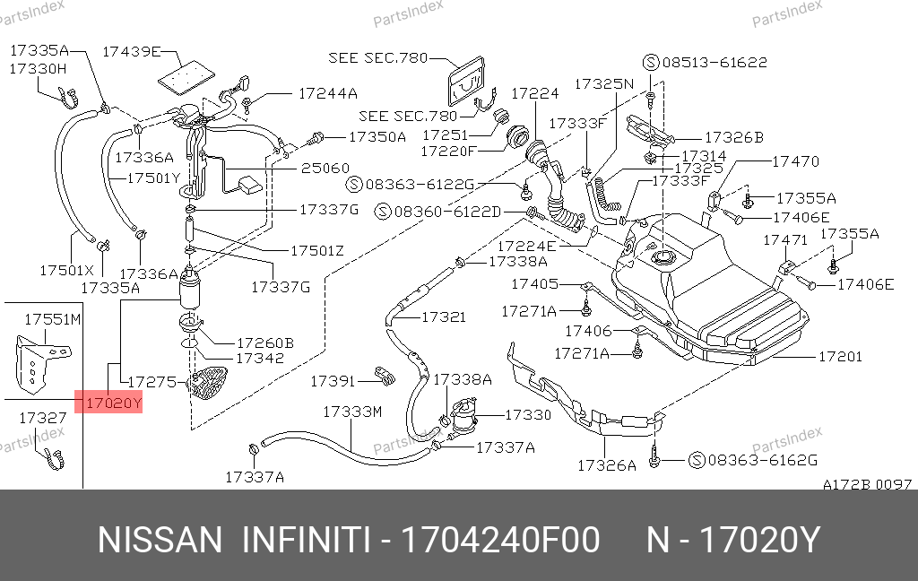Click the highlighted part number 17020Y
point(112,403)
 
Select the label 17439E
point(131,51)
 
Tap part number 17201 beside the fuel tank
point(840,356)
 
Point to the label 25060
point(325,168)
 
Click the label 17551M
point(52,319)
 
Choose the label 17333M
point(352,412)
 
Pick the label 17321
point(444,317)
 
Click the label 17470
point(796,161)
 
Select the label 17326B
point(733,137)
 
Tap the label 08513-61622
point(714,63)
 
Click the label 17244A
point(327,92)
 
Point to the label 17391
point(333,381)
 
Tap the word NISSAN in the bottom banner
point(159,542)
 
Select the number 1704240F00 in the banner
point(500,542)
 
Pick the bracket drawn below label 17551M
point(33,363)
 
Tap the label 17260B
point(264,343)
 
